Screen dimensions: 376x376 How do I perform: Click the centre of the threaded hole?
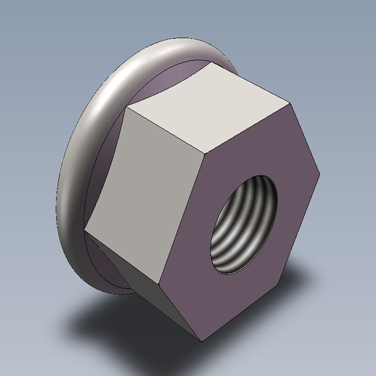click(x=244, y=224)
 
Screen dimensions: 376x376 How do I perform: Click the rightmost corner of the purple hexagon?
click(x=320, y=173)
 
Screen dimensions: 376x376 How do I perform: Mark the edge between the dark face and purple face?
click(x=180, y=310)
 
